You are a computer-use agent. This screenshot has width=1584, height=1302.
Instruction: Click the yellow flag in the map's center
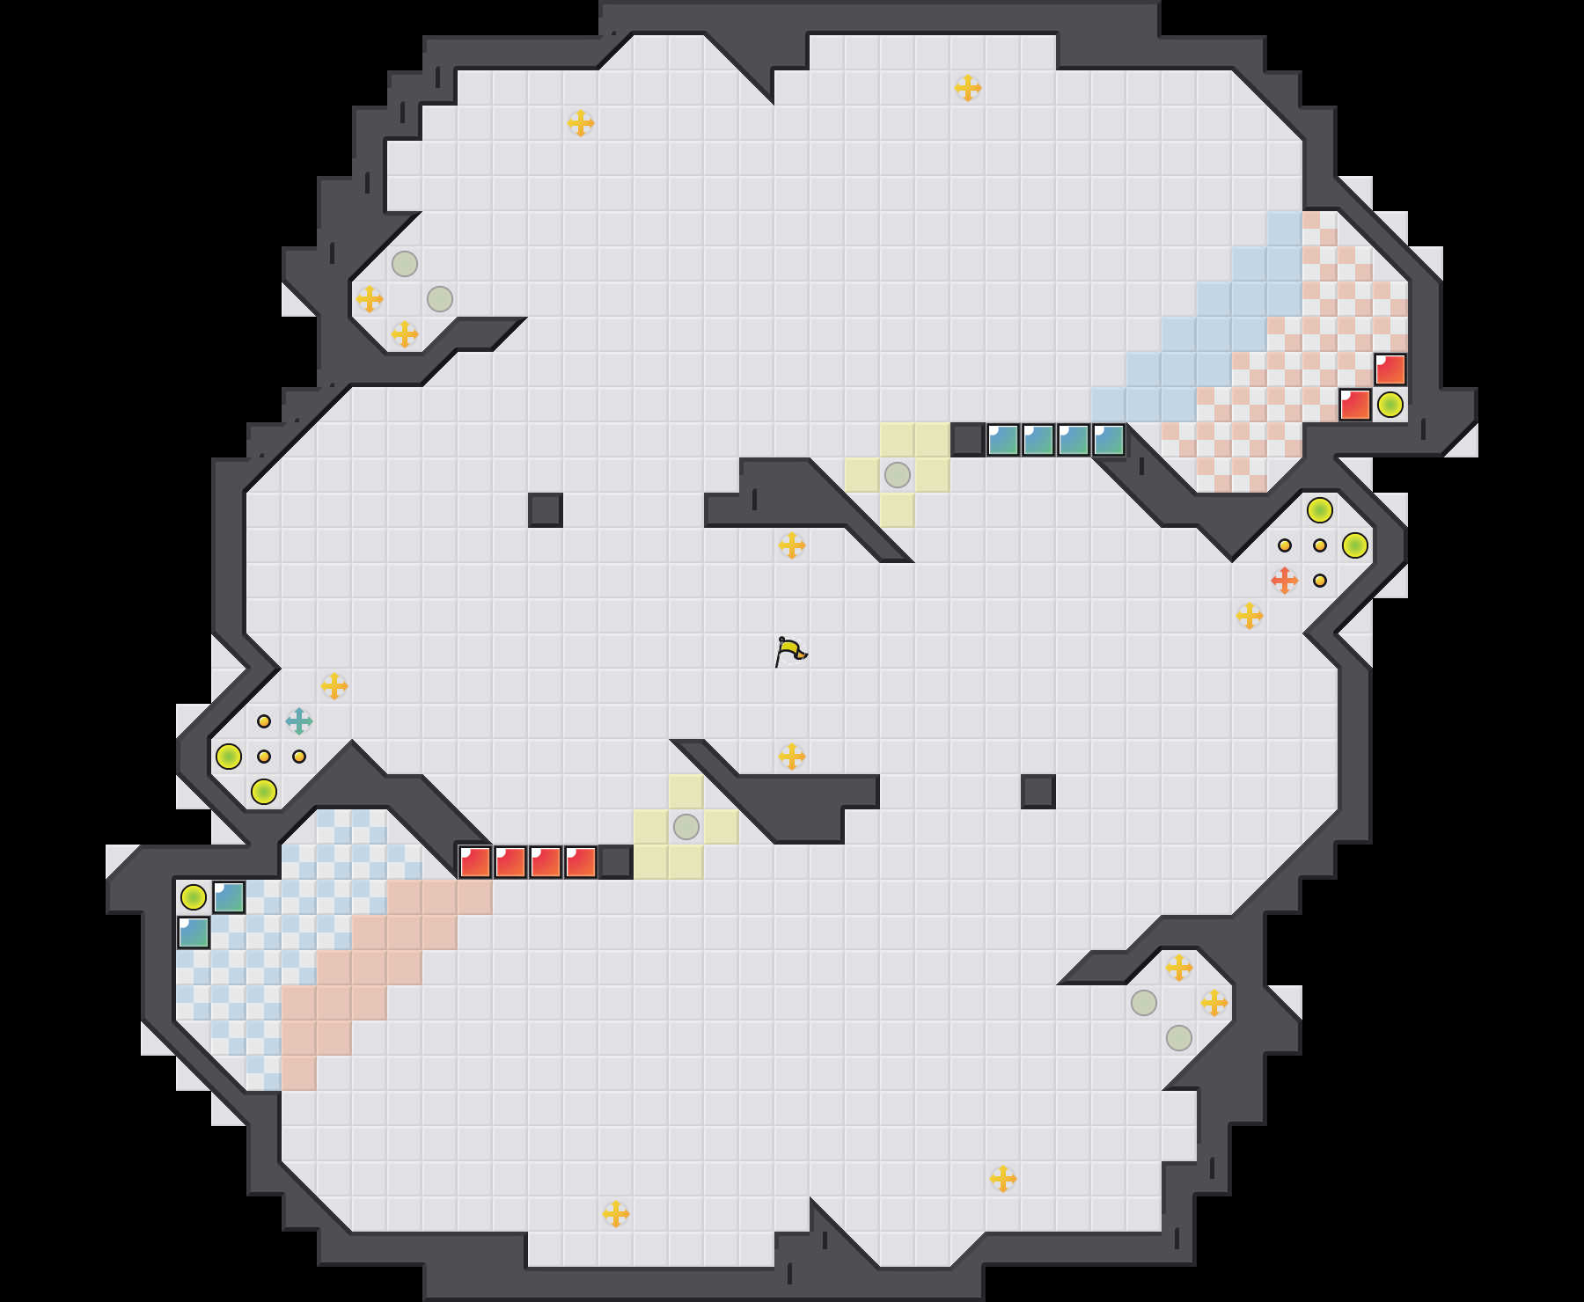point(790,652)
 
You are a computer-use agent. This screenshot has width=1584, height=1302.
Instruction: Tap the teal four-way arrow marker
point(299,721)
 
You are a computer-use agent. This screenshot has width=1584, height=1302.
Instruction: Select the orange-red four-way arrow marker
point(1285,581)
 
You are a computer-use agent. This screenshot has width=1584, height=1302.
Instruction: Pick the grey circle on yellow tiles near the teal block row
point(898,475)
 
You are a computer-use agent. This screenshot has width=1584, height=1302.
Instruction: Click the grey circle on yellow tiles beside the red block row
point(686,827)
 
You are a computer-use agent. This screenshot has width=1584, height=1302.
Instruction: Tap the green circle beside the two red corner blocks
point(1390,405)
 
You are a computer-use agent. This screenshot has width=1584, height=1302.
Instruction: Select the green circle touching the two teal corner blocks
point(194,897)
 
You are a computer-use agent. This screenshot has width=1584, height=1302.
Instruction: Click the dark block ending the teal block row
point(968,440)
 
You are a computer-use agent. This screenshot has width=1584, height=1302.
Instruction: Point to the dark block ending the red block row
point(616,862)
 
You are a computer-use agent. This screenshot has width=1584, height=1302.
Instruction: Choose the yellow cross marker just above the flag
point(792,545)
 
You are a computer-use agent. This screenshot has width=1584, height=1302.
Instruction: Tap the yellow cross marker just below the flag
point(792,757)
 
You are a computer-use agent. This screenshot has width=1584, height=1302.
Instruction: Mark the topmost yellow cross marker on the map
point(968,88)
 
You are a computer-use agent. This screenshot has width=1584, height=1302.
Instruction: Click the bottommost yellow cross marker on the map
point(616,1214)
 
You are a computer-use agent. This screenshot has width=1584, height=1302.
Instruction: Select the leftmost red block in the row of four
point(475,862)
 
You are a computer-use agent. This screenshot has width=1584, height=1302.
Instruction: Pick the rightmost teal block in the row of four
point(1109,440)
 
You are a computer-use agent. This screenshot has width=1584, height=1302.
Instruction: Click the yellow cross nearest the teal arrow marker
point(334,686)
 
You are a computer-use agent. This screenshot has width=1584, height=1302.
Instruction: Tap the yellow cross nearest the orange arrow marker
point(1250,616)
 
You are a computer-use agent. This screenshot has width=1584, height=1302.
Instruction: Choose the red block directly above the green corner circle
point(1390,369)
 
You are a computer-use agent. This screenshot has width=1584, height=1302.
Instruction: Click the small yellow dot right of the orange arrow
point(1320,581)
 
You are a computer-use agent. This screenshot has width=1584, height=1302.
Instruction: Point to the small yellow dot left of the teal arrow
point(264,721)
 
